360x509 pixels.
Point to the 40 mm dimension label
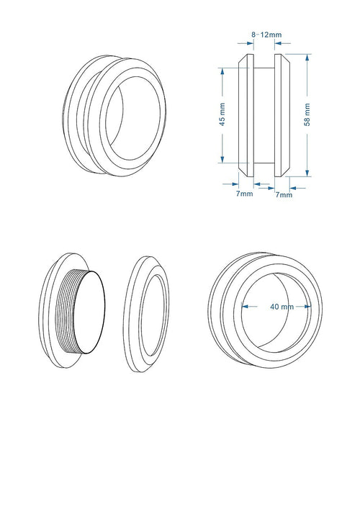tap(282, 306)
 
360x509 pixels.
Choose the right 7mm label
tap(284, 194)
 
